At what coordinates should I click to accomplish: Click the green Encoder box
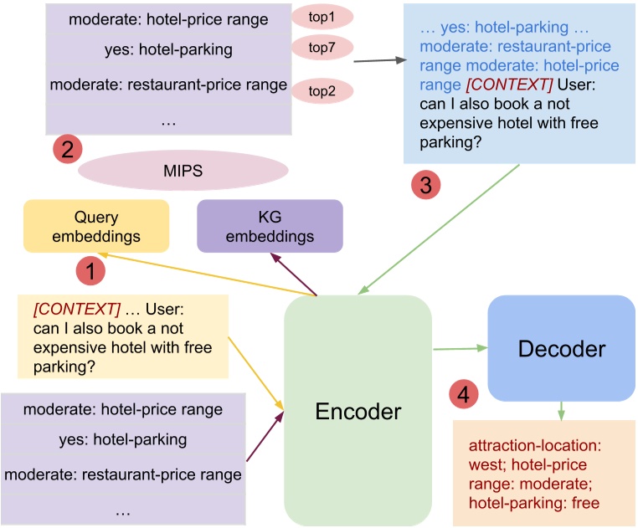click(358, 410)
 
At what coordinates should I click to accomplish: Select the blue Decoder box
click(561, 348)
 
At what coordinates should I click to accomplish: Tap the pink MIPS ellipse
click(183, 170)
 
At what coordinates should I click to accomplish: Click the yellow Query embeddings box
click(96, 226)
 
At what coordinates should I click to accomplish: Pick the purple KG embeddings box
click(270, 226)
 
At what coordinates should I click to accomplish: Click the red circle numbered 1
click(90, 271)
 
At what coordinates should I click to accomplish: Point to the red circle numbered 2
click(67, 150)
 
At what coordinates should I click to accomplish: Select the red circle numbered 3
click(425, 186)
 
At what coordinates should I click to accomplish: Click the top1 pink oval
click(322, 16)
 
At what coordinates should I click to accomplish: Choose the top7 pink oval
click(322, 49)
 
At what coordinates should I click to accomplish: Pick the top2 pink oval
click(322, 91)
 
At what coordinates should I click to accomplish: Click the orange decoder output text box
click(543, 472)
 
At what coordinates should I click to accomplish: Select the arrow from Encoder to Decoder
click(460, 347)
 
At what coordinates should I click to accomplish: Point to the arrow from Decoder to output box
click(561, 409)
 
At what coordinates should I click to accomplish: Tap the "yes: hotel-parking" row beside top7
click(168, 50)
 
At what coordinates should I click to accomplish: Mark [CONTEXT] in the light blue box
click(509, 85)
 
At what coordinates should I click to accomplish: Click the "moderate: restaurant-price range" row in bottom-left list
click(123, 474)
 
